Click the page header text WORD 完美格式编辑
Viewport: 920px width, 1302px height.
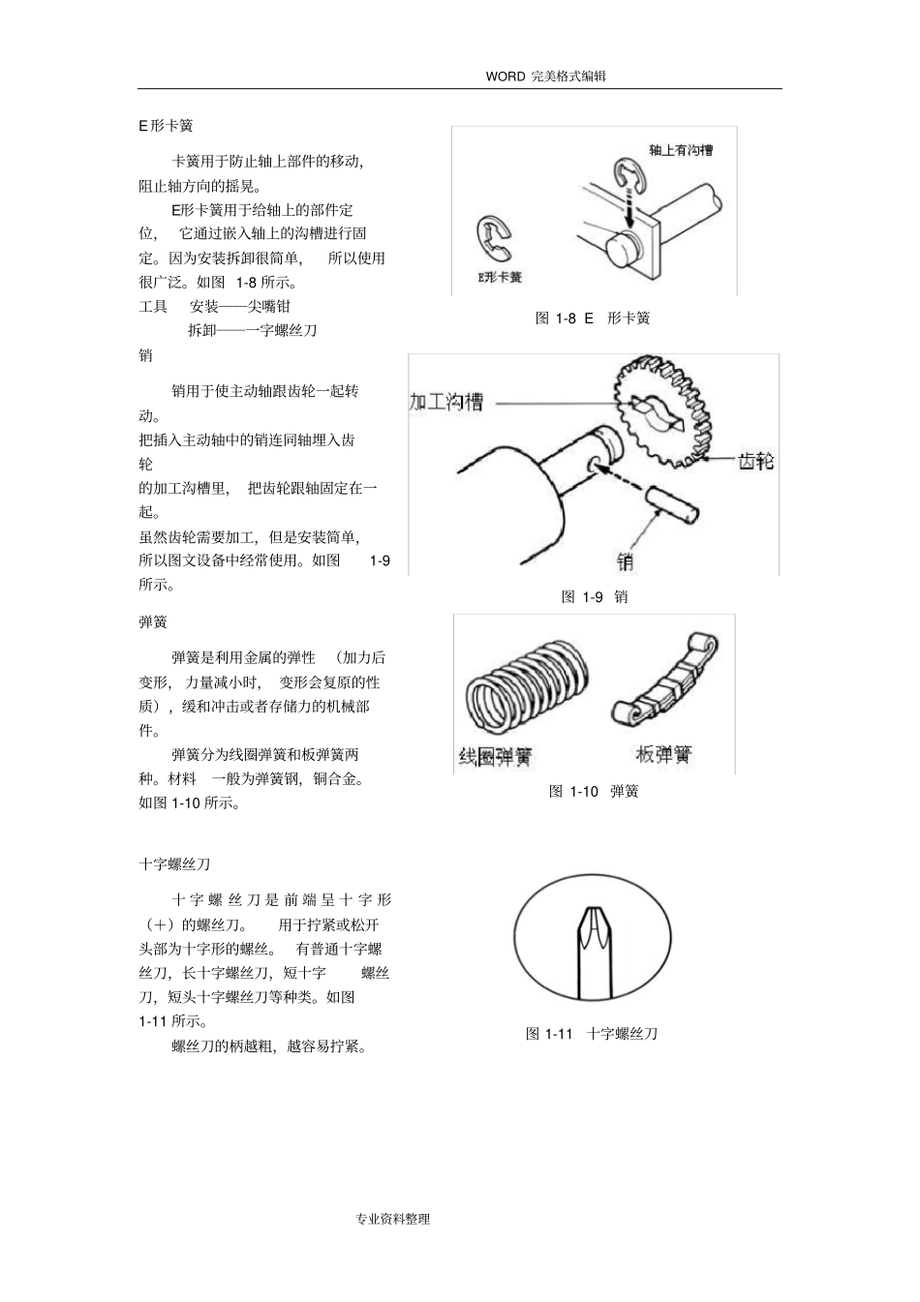click(x=546, y=76)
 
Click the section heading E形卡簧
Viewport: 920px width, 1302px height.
click(x=166, y=126)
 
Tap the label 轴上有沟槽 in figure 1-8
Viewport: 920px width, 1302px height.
click(x=681, y=150)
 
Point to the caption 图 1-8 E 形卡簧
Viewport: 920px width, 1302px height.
click(x=593, y=318)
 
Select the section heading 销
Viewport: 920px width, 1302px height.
click(x=145, y=355)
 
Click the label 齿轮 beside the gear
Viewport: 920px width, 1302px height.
click(x=755, y=461)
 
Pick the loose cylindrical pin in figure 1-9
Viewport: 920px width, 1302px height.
click(x=667, y=506)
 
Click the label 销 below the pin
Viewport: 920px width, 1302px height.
click(x=626, y=560)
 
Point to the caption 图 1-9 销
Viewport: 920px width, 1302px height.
click(x=595, y=596)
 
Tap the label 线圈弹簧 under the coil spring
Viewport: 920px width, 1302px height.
click(x=495, y=756)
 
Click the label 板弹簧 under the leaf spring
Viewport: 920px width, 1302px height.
click(x=663, y=754)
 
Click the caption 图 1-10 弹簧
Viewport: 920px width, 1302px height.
click(x=594, y=791)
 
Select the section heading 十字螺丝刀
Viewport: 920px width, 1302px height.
click(x=174, y=863)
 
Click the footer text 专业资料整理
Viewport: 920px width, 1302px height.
click(x=393, y=1219)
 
